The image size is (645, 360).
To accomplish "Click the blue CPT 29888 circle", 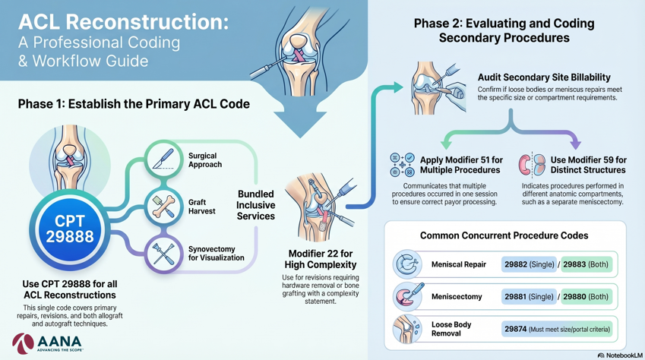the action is click(70, 229).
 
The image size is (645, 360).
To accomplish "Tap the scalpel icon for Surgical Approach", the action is click(163, 159).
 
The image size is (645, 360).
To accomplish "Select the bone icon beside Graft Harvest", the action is click(163, 207).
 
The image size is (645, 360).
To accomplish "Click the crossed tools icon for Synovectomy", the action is click(163, 254).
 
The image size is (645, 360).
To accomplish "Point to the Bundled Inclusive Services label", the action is click(255, 205).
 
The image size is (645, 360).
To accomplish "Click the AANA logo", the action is click(47, 343).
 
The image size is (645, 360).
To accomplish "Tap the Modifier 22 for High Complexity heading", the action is click(321, 259).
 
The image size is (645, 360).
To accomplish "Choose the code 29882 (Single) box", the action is click(529, 264).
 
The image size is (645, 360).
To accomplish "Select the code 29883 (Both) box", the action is click(587, 264).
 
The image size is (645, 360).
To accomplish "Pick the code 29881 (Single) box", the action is click(529, 297).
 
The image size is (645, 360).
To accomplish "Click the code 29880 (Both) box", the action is click(587, 297).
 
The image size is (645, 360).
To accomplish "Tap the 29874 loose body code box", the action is click(557, 329).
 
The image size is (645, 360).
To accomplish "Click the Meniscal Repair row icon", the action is click(407, 264).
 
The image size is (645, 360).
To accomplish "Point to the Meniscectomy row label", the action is click(457, 297).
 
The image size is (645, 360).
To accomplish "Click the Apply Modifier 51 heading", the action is click(461, 165).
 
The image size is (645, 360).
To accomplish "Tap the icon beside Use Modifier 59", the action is click(532, 165).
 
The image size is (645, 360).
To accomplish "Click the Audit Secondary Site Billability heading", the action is click(544, 77).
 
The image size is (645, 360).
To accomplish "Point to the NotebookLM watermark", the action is click(619, 355).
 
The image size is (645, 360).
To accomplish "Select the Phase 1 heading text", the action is click(134, 104).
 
